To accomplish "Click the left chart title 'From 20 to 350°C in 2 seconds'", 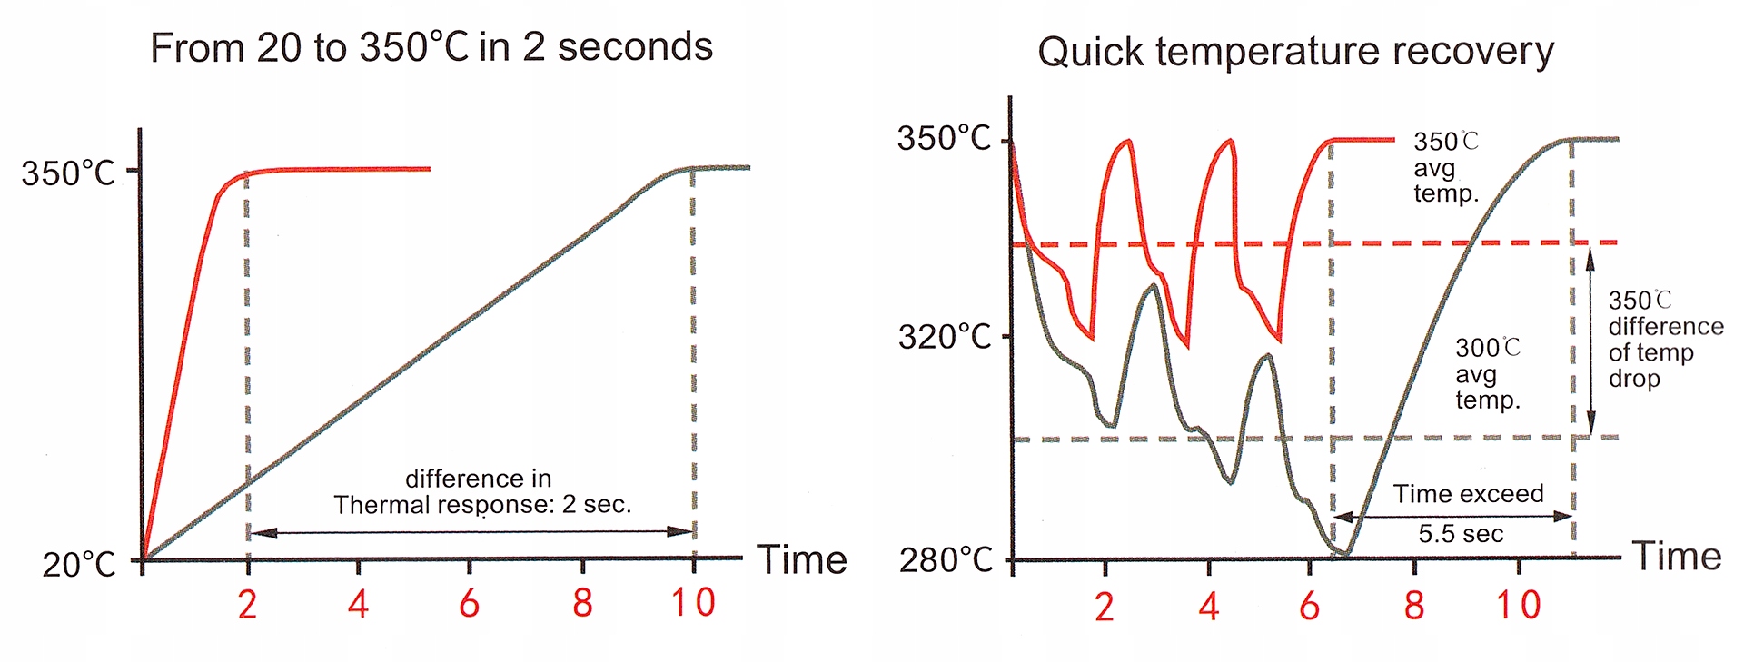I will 431,47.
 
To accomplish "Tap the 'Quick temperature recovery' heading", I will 1295,52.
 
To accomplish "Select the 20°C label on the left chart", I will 79,565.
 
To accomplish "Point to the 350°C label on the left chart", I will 68,173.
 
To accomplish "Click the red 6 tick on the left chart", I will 469,603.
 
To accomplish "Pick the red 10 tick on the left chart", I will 693,603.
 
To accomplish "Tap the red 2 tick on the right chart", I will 1104,607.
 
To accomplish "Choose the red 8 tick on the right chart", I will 1413,606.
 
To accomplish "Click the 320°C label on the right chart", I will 945,337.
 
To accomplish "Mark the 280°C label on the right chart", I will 946,560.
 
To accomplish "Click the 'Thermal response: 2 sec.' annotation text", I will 481,505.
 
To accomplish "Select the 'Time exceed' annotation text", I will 1469,494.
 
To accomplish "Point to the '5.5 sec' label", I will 1461,534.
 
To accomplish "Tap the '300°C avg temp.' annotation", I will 1488,373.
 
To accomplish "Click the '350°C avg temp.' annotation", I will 1446,168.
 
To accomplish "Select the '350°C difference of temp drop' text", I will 1664,339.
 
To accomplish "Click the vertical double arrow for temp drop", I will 1590,341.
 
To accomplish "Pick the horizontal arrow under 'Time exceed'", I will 1453,516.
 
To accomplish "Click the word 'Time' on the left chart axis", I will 802,559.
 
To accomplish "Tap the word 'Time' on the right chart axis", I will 1677,556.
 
